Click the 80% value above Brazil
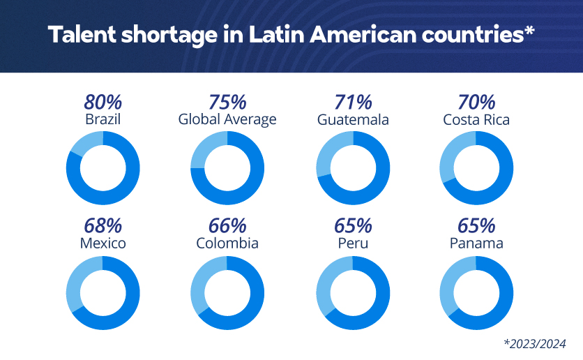click(x=103, y=103)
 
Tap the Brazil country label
click(x=103, y=119)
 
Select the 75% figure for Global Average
click(x=227, y=103)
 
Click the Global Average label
click(x=227, y=119)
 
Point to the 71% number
click(x=353, y=103)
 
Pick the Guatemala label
click(x=353, y=119)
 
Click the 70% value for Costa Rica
click(x=476, y=103)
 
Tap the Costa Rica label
click(x=476, y=119)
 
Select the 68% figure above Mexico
click(x=103, y=226)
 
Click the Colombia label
click(x=227, y=243)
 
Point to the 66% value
click(x=227, y=226)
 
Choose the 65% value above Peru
click(x=353, y=226)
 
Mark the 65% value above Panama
click(x=476, y=226)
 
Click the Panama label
click(x=476, y=243)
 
